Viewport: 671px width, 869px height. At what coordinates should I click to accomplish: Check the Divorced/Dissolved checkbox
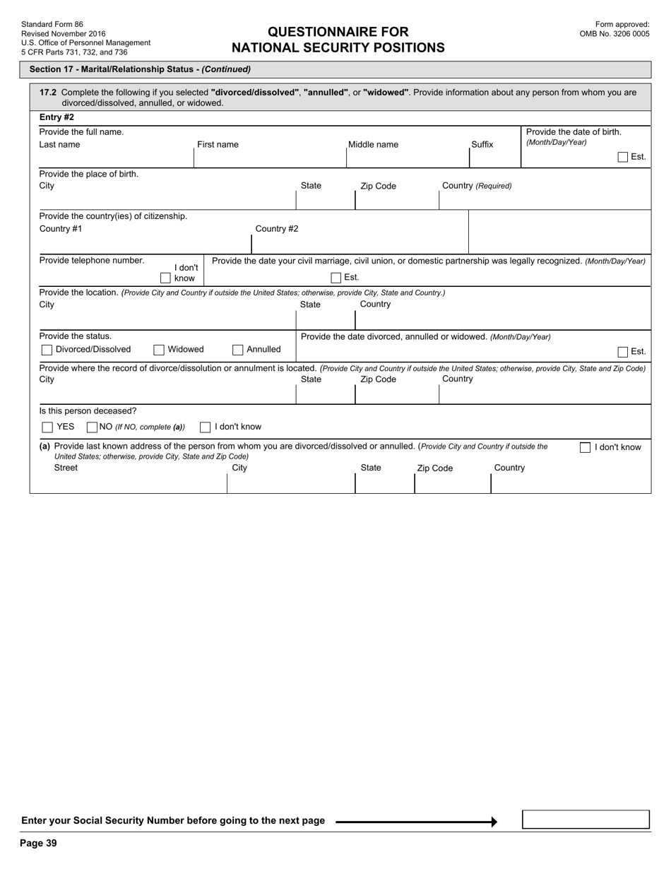click(x=47, y=350)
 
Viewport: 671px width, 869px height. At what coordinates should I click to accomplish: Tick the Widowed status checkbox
click(x=159, y=350)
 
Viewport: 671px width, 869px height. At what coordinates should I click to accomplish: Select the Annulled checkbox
click(x=238, y=350)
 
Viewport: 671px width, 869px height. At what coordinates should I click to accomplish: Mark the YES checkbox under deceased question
click(x=47, y=427)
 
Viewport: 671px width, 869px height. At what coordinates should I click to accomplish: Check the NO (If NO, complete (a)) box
click(x=92, y=427)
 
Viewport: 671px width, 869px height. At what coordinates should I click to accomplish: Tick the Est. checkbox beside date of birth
click(x=622, y=157)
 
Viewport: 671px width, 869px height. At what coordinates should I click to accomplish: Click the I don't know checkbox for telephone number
click(x=165, y=278)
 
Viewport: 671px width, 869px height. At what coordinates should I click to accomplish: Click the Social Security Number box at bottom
click(x=585, y=820)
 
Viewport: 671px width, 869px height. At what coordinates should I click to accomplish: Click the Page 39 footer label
click(x=38, y=843)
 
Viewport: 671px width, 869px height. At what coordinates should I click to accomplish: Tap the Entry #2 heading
click(x=57, y=117)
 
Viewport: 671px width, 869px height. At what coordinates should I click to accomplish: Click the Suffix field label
click(x=482, y=145)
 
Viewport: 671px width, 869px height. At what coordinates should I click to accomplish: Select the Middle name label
click(x=373, y=145)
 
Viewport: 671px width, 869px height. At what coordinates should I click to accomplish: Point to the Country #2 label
click(x=276, y=228)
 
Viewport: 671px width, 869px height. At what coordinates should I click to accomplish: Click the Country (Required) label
click(x=477, y=186)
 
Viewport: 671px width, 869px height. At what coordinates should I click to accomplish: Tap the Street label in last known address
click(x=66, y=468)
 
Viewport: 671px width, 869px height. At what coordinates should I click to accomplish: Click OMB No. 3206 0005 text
click(x=614, y=33)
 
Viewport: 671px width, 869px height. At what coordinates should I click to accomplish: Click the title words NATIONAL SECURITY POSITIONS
click(x=338, y=48)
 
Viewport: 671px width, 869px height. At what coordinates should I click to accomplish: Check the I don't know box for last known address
click(x=585, y=447)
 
